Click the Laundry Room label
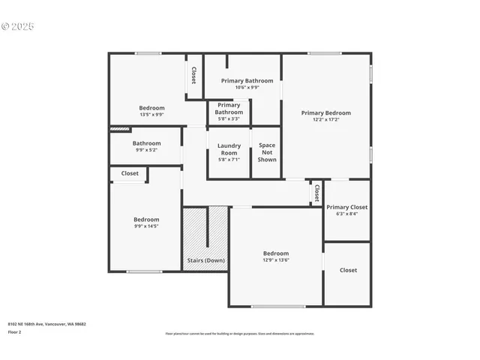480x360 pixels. coord(228,148)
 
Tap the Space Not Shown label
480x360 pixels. coord(267,152)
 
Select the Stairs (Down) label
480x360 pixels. coord(205,260)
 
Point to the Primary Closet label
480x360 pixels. coord(347,207)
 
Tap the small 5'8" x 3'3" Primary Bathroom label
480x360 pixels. coord(229,118)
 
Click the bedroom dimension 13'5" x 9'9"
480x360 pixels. coord(151,115)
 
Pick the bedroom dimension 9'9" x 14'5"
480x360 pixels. coord(146,226)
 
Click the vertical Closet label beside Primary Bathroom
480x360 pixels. coord(193,75)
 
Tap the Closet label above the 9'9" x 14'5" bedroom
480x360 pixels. coord(130,173)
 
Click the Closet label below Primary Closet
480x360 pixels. coord(348,270)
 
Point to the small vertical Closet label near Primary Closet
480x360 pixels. coord(316,193)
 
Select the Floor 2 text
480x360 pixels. coord(14,331)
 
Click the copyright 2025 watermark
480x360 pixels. coord(18,26)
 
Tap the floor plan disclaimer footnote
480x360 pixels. coord(240,334)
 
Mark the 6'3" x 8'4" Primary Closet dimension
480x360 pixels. coord(346,214)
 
